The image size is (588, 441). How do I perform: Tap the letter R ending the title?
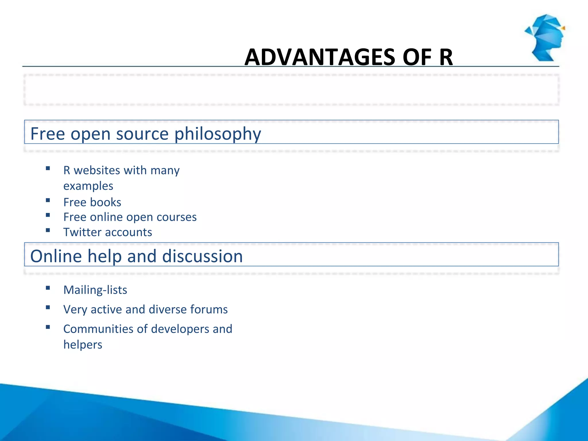pyautogui.click(x=446, y=57)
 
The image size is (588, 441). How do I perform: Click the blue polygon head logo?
pyautogui.click(x=545, y=38)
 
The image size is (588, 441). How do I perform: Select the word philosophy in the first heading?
pyautogui.click(x=218, y=134)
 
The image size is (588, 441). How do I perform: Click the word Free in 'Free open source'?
pyautogui.click(x=48, y=134)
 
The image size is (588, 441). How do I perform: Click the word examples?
pyautogui.click(x=88, y=186)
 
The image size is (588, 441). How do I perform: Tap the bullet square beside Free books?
pyautogui.click(x=48, y=200)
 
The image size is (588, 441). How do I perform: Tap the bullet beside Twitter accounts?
pyautogui.click(x=48, y=230)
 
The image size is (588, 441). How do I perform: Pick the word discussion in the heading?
pyautogui.click(x=202, y=256)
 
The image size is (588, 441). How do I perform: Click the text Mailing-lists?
pyautogui.click(x=95, y=290)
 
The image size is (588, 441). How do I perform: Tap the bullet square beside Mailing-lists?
pyautogui.click(x=48, y=288)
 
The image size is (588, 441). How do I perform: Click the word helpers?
pyautogui.click(x=83, y=345)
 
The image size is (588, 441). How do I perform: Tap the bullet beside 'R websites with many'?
pyautogui.click(x=48, y=169)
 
